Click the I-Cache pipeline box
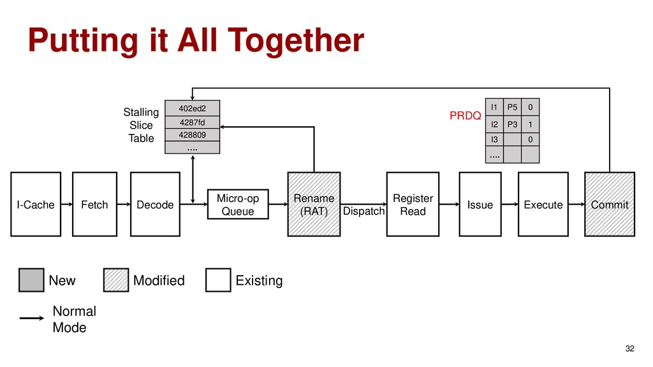36,205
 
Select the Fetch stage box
95,205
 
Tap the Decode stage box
155,205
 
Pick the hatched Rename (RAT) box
314,205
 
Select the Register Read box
413,205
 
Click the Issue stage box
480,205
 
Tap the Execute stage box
543,205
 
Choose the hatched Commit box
610,205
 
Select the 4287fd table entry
192,122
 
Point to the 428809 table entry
192,135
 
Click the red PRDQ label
465,117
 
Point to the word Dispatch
364,211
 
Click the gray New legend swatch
31,280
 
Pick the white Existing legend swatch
218,280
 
